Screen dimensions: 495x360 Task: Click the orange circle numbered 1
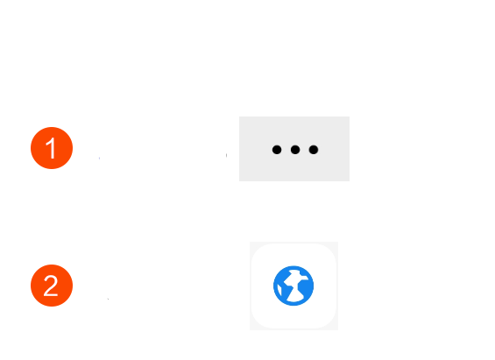click(52, 148)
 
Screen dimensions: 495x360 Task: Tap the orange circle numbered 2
click(52, 286)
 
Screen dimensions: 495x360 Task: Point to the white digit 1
click(52, 148)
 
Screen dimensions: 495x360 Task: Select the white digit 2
click(51, 286)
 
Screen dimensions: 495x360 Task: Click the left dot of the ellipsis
click(277, 150)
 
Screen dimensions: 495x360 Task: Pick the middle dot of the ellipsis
click(295, 150)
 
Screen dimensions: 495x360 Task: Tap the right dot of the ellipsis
click(314, 150)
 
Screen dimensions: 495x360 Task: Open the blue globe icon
click(293, 286)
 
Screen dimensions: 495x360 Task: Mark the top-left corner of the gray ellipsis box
click(239, 116)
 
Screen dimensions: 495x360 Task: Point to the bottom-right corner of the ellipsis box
click(350, 181)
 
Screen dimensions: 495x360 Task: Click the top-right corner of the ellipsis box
click(350, 116)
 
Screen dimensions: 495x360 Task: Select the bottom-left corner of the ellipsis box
click(239, 181)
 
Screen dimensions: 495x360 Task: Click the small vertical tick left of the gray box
click(226, 155)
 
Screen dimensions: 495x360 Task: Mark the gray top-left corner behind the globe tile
click(251, 244)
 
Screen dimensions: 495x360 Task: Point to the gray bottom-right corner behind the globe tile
click(336, 328)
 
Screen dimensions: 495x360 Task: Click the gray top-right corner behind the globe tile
click(336, 244)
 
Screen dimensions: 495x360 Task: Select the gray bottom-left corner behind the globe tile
click(251, 328)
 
